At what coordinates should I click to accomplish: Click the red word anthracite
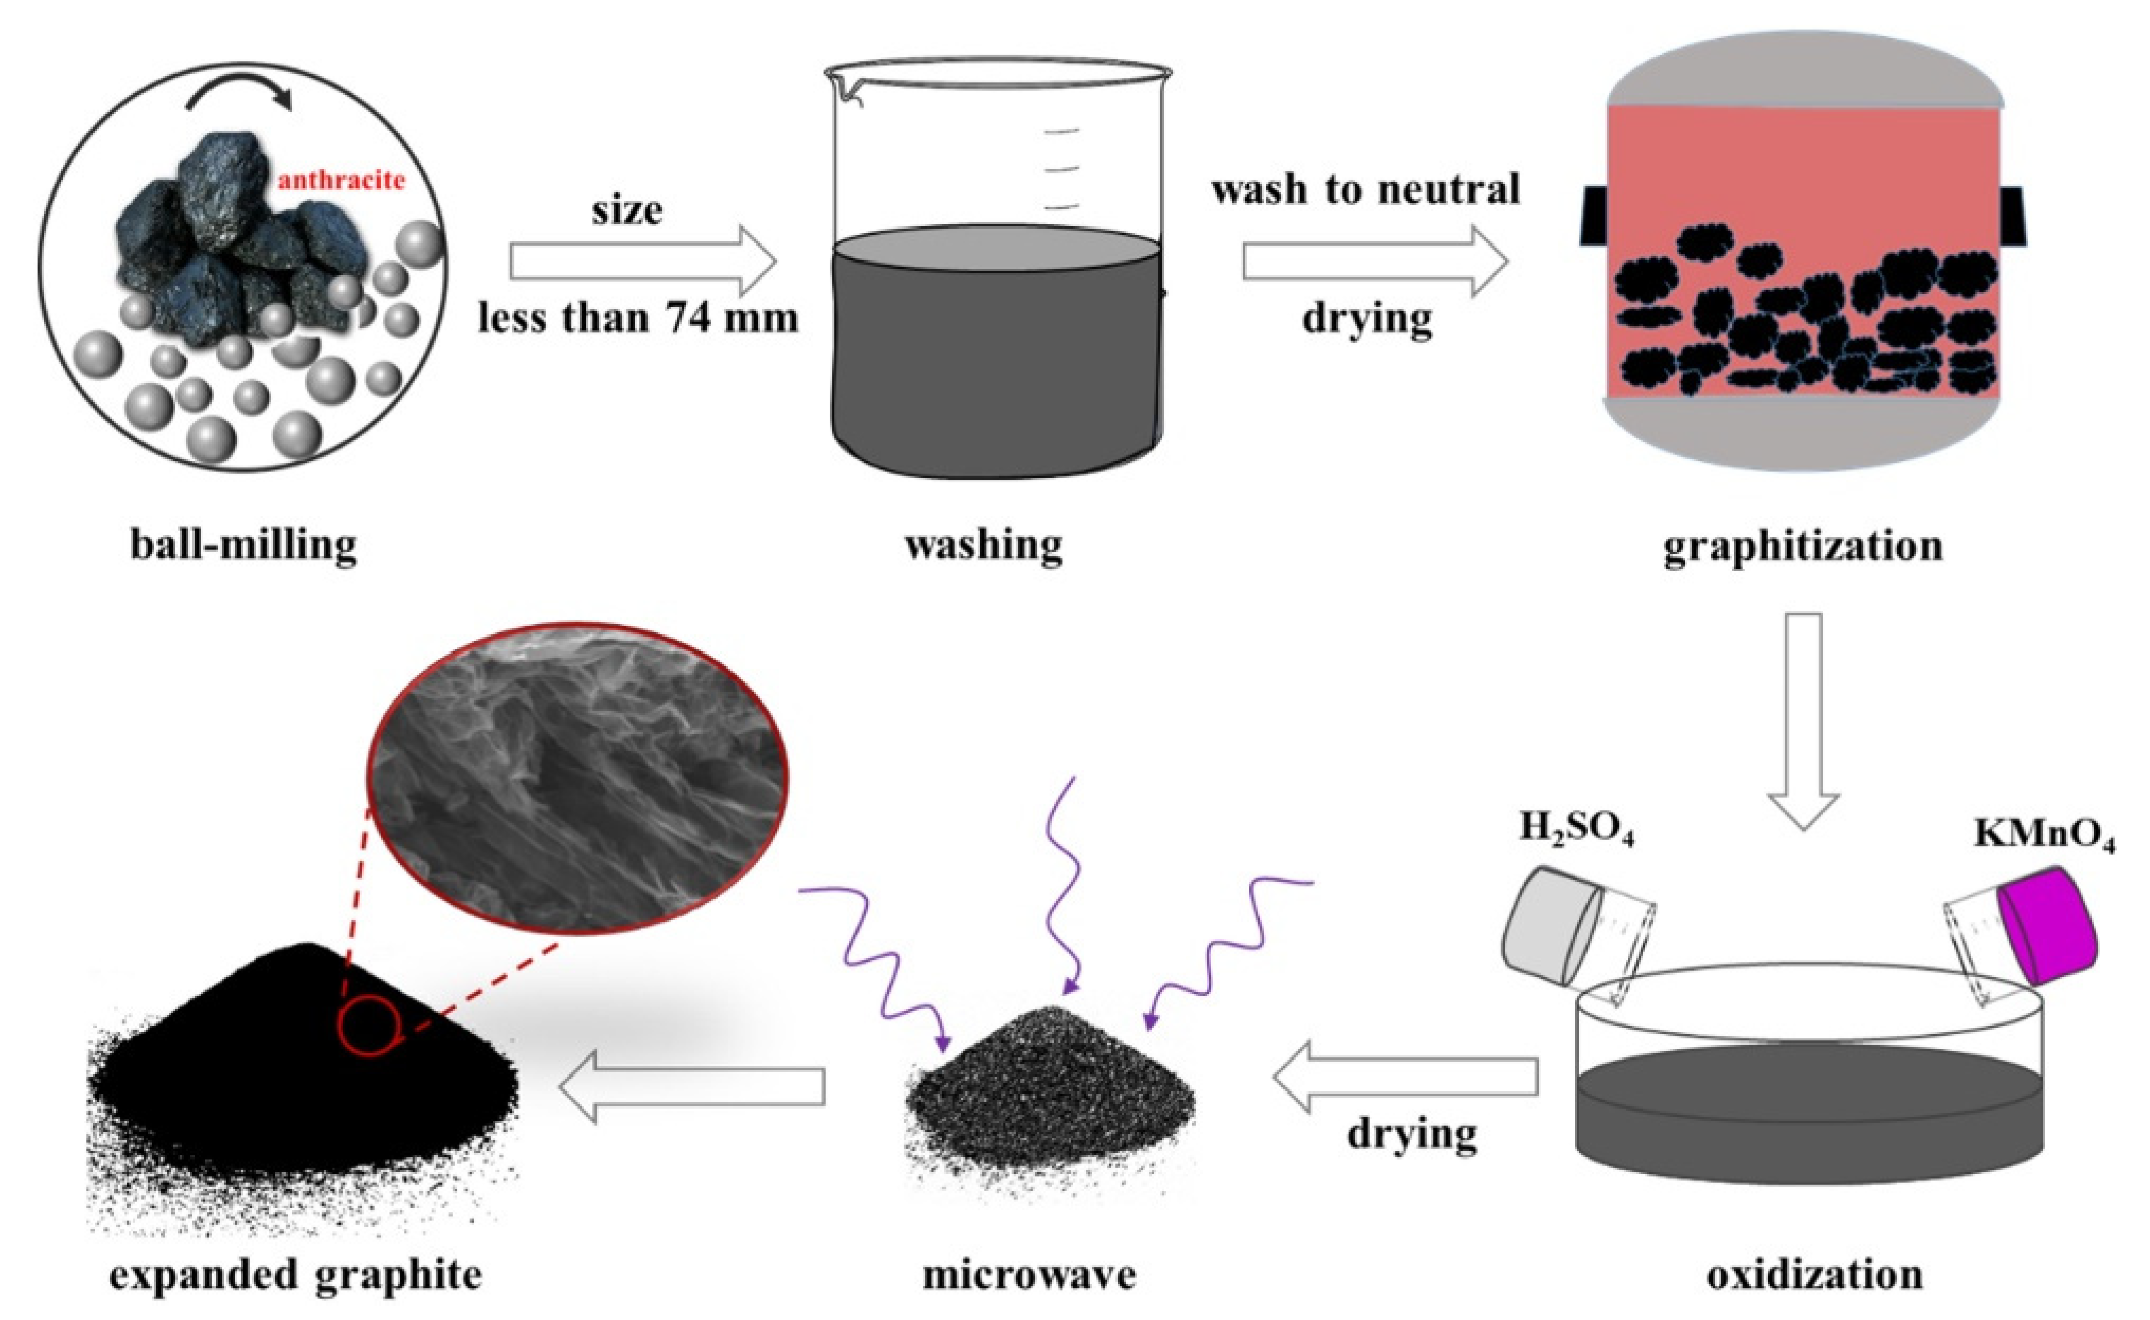click(341, 182)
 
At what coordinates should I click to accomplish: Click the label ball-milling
click(243, 545)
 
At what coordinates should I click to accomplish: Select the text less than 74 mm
click(638, 317)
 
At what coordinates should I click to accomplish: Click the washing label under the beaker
click(984, 545)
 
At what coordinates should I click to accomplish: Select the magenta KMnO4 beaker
click(2047, 924)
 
